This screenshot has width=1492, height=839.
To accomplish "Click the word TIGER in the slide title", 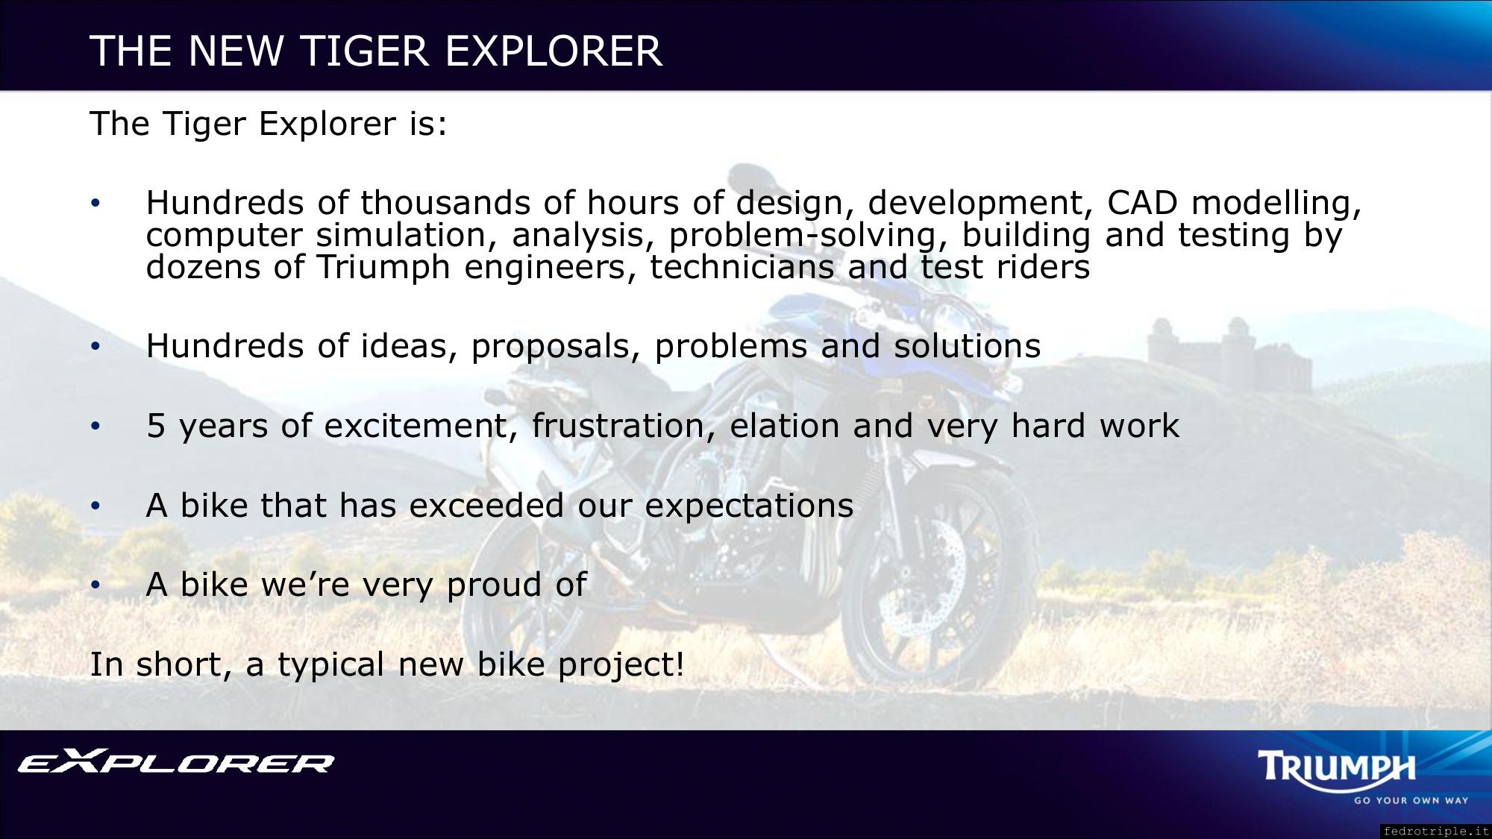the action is click(364, 51).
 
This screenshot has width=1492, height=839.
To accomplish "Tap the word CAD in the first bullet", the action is click(1141, 203).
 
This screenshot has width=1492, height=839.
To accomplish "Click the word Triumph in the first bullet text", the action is click(383, 268).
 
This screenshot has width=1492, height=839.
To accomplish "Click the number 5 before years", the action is click(155, 426).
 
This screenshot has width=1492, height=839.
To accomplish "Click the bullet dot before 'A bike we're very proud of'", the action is click(95, 585).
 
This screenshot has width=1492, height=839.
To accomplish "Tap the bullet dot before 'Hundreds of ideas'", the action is click(95, 347).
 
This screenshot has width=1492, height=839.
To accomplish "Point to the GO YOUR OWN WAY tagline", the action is click(1411, 800).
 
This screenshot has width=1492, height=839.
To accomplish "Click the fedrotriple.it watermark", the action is click(1435, 831).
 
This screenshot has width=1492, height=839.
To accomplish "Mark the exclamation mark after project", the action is click(679, 664).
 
